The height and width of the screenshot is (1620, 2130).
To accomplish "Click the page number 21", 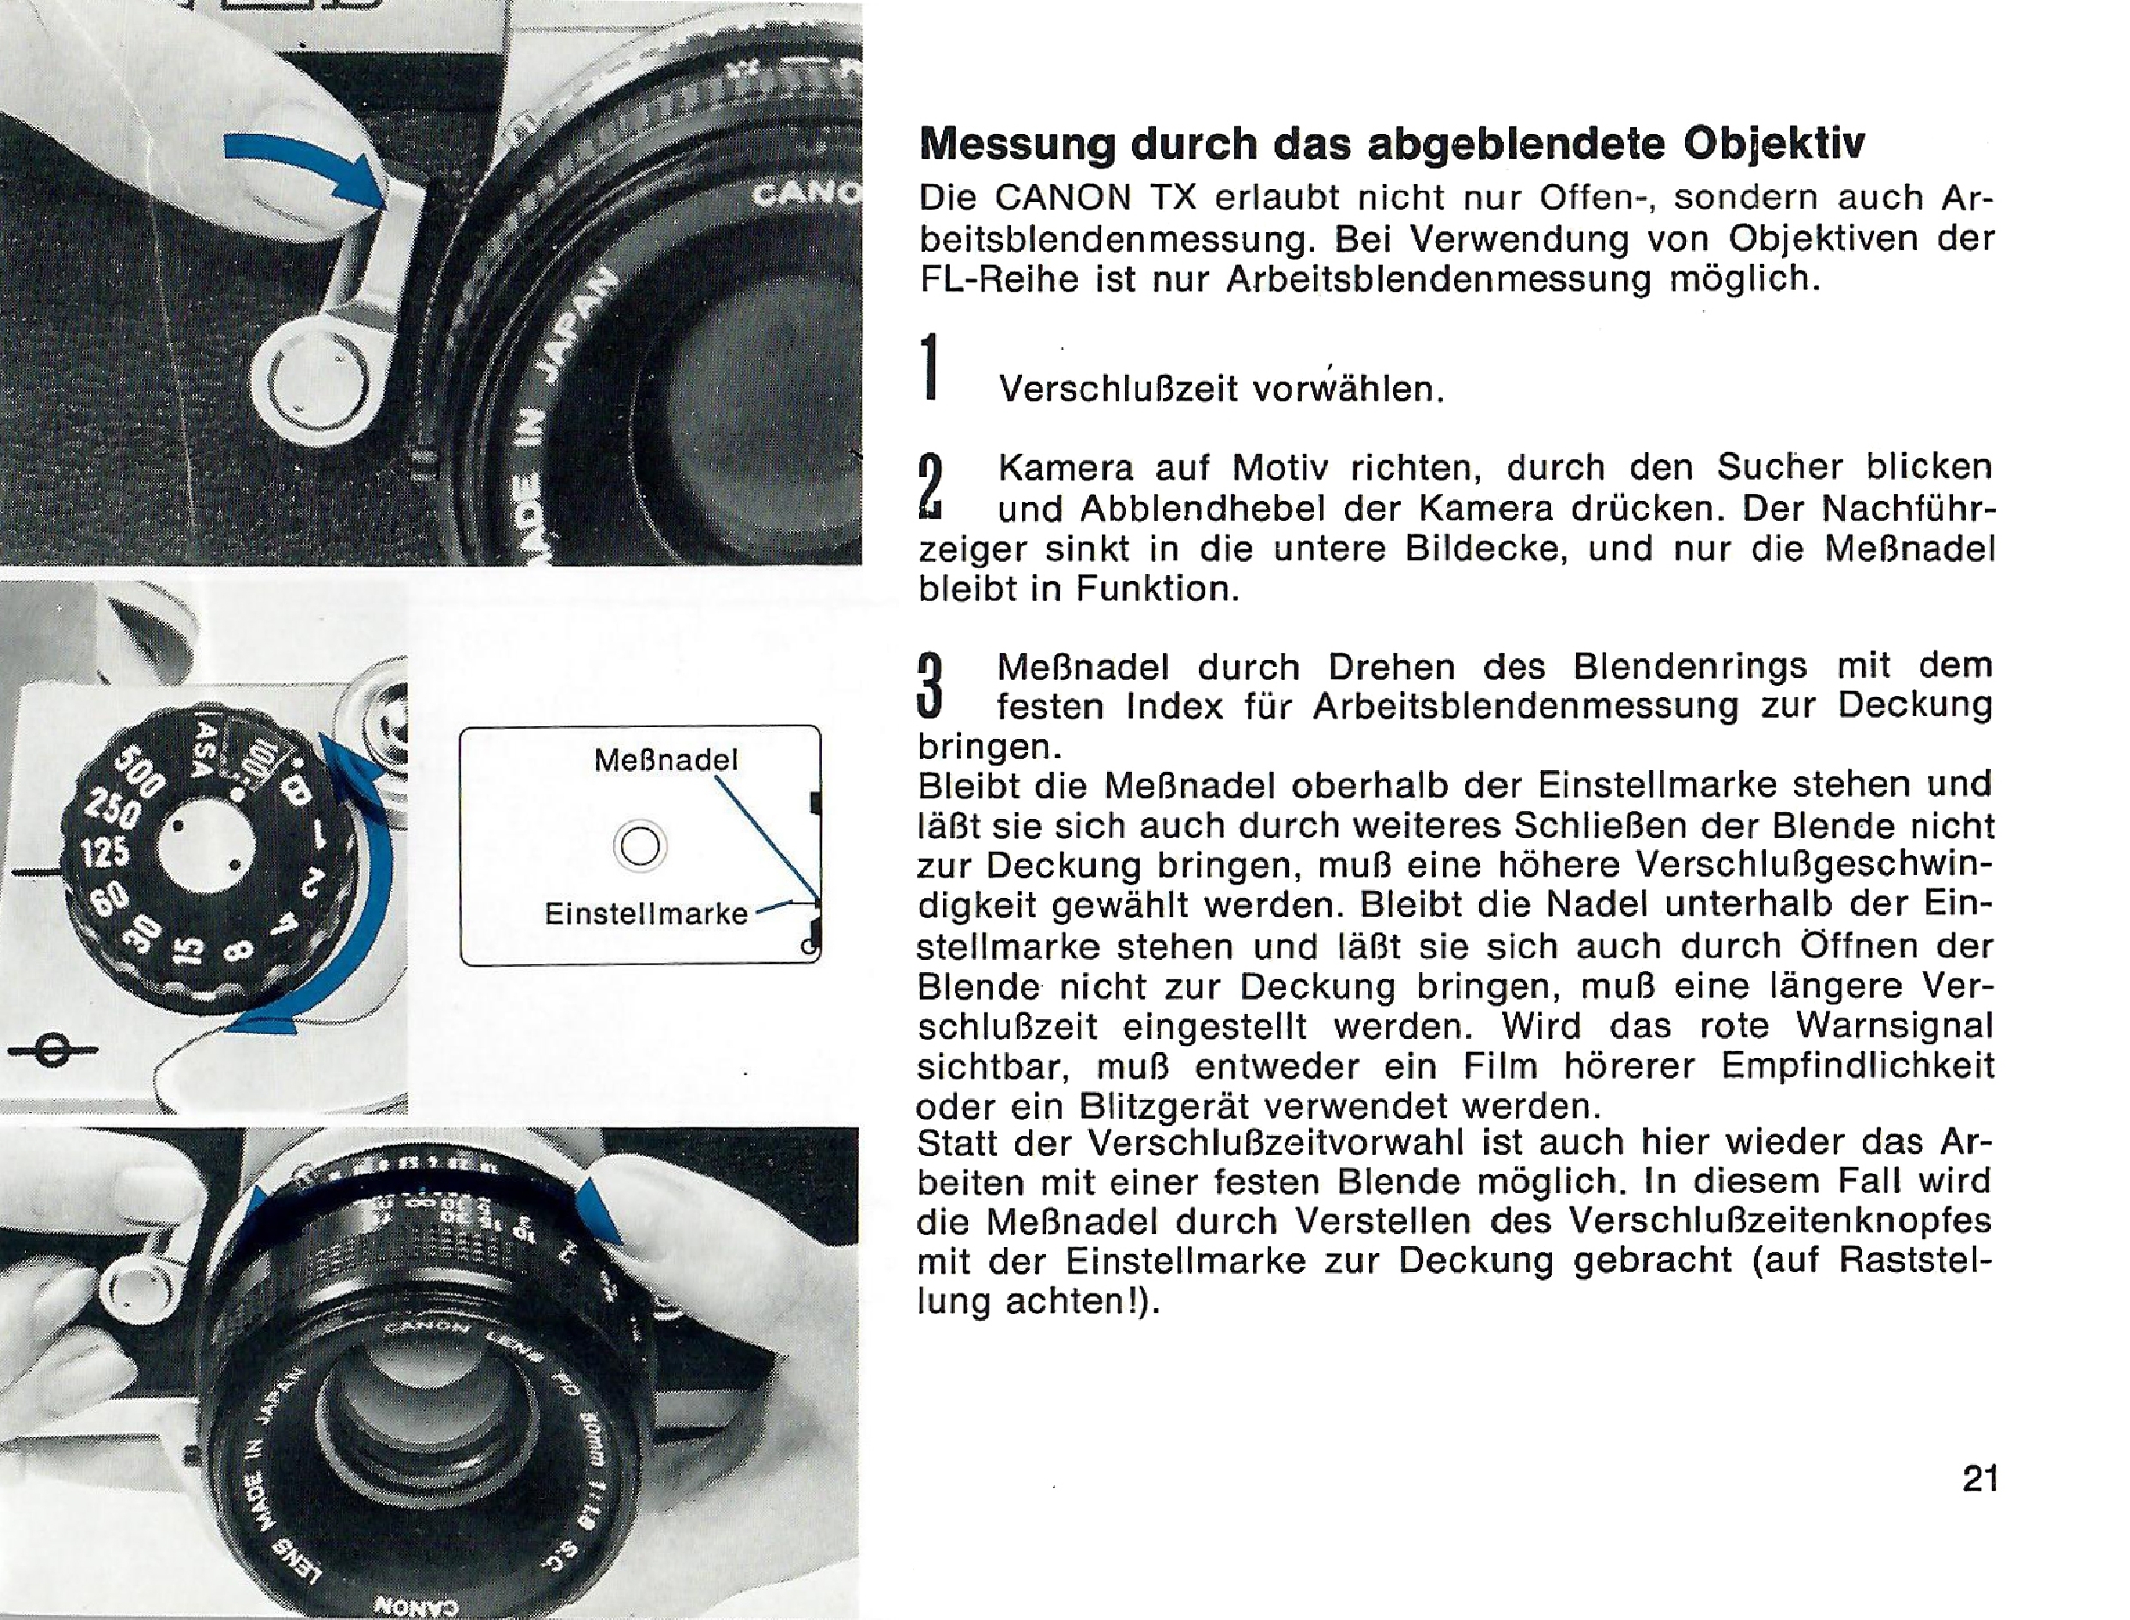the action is pyautogui.click(x=1980, y=1478).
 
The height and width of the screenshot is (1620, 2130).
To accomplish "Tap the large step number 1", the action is pyautogui.click(x=929, y=366).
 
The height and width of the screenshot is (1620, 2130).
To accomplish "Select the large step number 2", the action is pyautogui.click(x=930, y=488).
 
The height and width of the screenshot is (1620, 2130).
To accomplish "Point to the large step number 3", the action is pyautogui.click(x=929, y=687).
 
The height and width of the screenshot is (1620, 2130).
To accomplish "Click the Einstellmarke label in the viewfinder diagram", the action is pyautogui.click(x=646, y=914).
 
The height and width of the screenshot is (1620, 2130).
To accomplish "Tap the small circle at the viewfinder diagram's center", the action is pyautogui.click(x=640, y=847).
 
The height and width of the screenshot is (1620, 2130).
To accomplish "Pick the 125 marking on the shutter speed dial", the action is pyautogui.click(x=104, y=853).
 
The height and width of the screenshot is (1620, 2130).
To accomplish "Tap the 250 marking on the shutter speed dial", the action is pyautogui.click(x=113, y=808).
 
